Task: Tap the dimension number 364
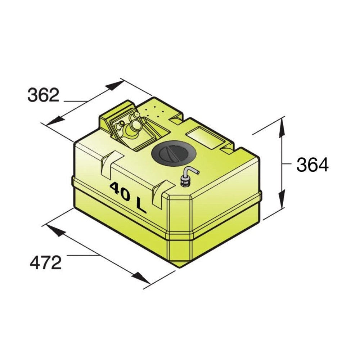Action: pyautogui.click(x=312, y=165)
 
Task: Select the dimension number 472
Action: pyautogui.click(x=46, y=263)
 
